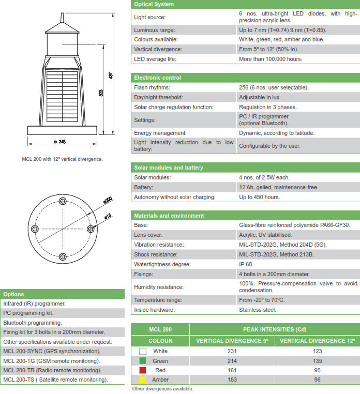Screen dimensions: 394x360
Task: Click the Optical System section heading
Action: coord(154,5)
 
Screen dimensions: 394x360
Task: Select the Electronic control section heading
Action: coord(157,78)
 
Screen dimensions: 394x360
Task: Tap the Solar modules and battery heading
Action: coord(168,168)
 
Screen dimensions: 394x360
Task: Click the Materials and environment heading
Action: coord(169,216)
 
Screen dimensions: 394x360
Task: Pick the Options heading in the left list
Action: coord(13,294)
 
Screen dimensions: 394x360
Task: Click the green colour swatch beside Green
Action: coord(143,361)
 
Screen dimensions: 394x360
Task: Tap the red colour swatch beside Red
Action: coord(143,371)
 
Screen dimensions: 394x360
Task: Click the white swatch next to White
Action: coord(143,351)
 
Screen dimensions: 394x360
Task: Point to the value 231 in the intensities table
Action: coord(231,351)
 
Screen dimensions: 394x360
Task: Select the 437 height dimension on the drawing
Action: coord(110,75)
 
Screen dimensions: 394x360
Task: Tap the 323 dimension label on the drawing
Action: coord(101,93)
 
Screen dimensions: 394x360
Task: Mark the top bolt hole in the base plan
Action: coord(63,199)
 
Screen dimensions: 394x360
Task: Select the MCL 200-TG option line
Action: coord(52,361)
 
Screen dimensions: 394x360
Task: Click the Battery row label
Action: coord(143,187)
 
